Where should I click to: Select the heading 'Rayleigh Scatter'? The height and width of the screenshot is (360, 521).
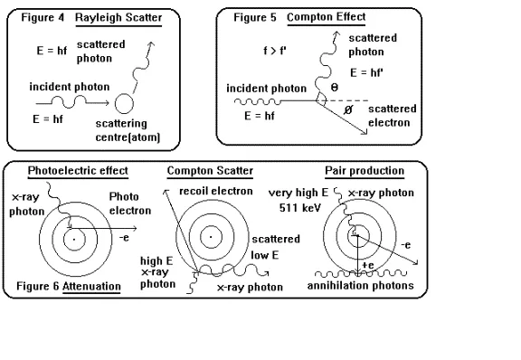point(123,16)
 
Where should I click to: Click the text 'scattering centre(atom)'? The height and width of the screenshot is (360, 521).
point(126,129)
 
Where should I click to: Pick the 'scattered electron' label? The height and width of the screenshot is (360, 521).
point(393,115)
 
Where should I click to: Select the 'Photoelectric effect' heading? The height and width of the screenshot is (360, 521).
point(78,171)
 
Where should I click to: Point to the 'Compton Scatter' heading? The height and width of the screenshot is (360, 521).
point(209,171)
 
